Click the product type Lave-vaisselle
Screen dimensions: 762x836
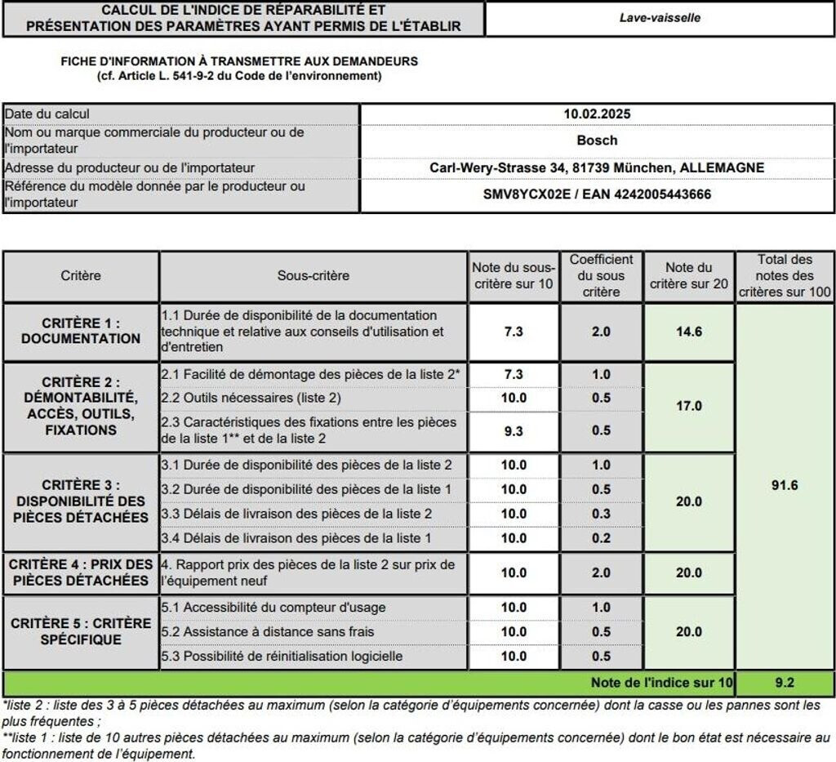(659, 17)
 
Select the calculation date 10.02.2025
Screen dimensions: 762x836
(597, 114)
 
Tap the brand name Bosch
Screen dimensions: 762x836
(597, 140)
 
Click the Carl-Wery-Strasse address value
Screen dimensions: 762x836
(597, 168)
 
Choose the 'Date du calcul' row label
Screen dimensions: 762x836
(47, 114)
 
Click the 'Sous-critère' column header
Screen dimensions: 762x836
(313, 276)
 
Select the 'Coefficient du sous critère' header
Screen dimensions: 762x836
(601, 276)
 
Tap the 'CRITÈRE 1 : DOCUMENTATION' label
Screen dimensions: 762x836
(81, 331)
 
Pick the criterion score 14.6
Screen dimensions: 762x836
(688, 332)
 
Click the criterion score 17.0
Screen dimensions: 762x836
(688, 406)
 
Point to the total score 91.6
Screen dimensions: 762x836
(784, 485)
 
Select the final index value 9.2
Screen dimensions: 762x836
(784, 682)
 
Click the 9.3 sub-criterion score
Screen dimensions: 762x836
(514, 431)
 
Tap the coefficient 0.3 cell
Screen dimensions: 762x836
(601, 514)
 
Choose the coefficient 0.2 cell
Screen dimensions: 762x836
(601, 538)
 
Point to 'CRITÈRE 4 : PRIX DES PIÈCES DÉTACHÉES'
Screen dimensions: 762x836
(81, 573)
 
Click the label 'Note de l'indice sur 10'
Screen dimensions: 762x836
(662, 682)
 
